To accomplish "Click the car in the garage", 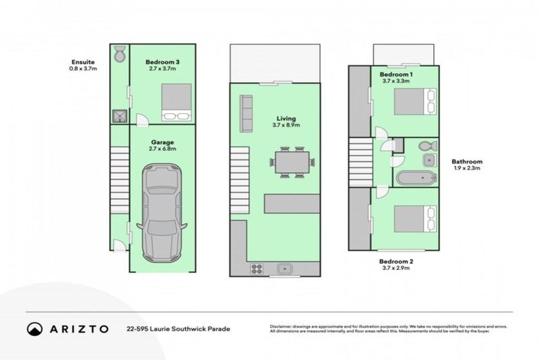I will point(162,212).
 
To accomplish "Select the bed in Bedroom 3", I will point(176,103).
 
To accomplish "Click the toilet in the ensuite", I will point(119,53).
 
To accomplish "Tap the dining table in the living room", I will point(290,162).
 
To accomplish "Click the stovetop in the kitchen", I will point(256,267).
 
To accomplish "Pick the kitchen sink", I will point(285,267).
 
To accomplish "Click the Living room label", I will point(286,122).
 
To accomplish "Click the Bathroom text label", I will point(467,162).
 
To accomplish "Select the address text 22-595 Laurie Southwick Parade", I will point(178,328).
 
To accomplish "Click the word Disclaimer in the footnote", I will point(282,327).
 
